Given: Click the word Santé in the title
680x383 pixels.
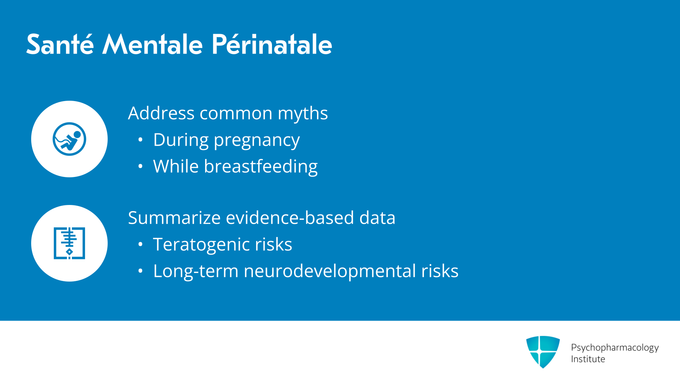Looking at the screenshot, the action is tap(60, 44).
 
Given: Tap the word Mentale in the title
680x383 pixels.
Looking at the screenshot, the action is tap(152, 44).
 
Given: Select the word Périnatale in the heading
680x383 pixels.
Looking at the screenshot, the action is tap(272, 44).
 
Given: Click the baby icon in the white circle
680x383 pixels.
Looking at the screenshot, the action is tap(69, 139).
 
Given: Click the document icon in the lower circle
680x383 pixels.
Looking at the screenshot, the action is tap(69, 243).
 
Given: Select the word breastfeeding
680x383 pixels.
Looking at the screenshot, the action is tap(261, 167).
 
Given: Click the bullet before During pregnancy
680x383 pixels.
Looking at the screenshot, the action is tap(141, 140).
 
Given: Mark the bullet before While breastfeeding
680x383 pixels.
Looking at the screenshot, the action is tap(141, 166).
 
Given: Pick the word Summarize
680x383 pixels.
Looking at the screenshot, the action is tap(174, 218).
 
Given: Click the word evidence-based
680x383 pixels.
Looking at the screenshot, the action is tap(290, 218).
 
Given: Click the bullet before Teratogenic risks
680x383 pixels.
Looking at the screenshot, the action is tap(141, 244).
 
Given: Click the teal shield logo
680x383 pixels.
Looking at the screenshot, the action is tap(543, 352).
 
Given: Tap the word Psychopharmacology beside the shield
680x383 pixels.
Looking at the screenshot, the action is tap(615, 348).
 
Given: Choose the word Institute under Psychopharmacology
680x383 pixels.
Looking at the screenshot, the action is tap(588, 359).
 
